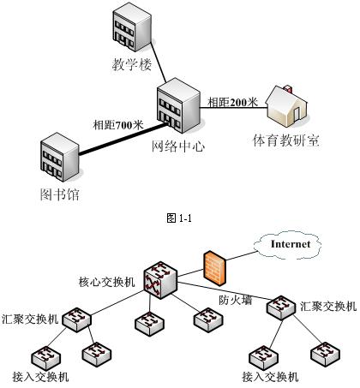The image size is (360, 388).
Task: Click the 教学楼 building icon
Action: point(131,27)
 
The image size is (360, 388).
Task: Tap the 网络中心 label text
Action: point(178,146)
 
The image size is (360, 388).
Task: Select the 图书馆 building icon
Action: point(59,157)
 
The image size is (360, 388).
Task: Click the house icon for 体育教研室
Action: point(287,106)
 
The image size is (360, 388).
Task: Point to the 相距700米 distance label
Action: point(118,125)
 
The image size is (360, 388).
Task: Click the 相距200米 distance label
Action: point(232,102)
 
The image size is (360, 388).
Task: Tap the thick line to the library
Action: point(123,139)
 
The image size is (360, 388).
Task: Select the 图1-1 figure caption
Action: point(179,218)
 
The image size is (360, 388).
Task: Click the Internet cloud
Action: point(288,245)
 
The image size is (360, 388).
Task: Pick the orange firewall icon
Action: point(215,268)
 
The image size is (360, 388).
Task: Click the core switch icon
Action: point(160,280)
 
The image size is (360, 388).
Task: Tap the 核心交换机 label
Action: point(106,282)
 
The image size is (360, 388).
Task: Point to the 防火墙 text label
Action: point(236,300)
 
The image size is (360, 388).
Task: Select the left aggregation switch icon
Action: point(76,319)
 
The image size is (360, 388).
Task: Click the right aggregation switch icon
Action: point(281,307)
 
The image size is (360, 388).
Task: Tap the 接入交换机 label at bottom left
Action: point(40,377)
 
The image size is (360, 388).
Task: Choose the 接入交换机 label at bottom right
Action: point(270,377)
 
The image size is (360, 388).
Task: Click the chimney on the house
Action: point(287,88)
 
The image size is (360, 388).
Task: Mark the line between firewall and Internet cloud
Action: point(241,256)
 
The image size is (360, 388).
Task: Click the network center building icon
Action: point(178,105)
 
